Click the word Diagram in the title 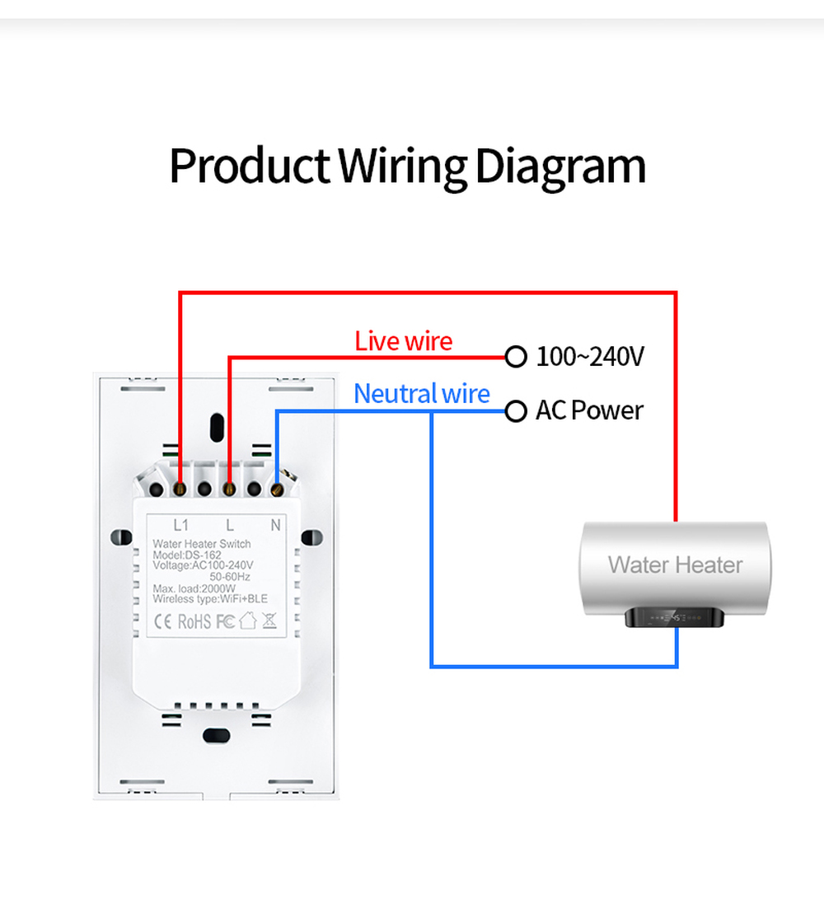click(x=559, y=167)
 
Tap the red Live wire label click(x=403, y=341)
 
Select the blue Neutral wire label click(x=422, y=394)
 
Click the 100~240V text click(x=590, y=357)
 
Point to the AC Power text click(x=589, y=410)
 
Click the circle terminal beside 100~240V click(x=516, y=357)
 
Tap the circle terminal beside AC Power click(x=516, y=411)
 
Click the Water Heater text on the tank click(x=675, y=565)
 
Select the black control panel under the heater click(x=675, y=617)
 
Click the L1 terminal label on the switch click(x=181, y=525)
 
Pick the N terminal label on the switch click(x=276, y=525)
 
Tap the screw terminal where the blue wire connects click(x=277, y=490)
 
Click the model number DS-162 click(x=204, y=555)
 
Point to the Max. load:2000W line click(x=194, y=588)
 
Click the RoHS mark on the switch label click(x=194, y=621)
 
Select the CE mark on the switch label click(x=163, y=621)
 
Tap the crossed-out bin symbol click(x=269, y=621)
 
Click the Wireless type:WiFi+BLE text click(x=210, y=599)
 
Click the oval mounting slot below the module click(x=217, y=736)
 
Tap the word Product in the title click(x=250, y=166)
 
